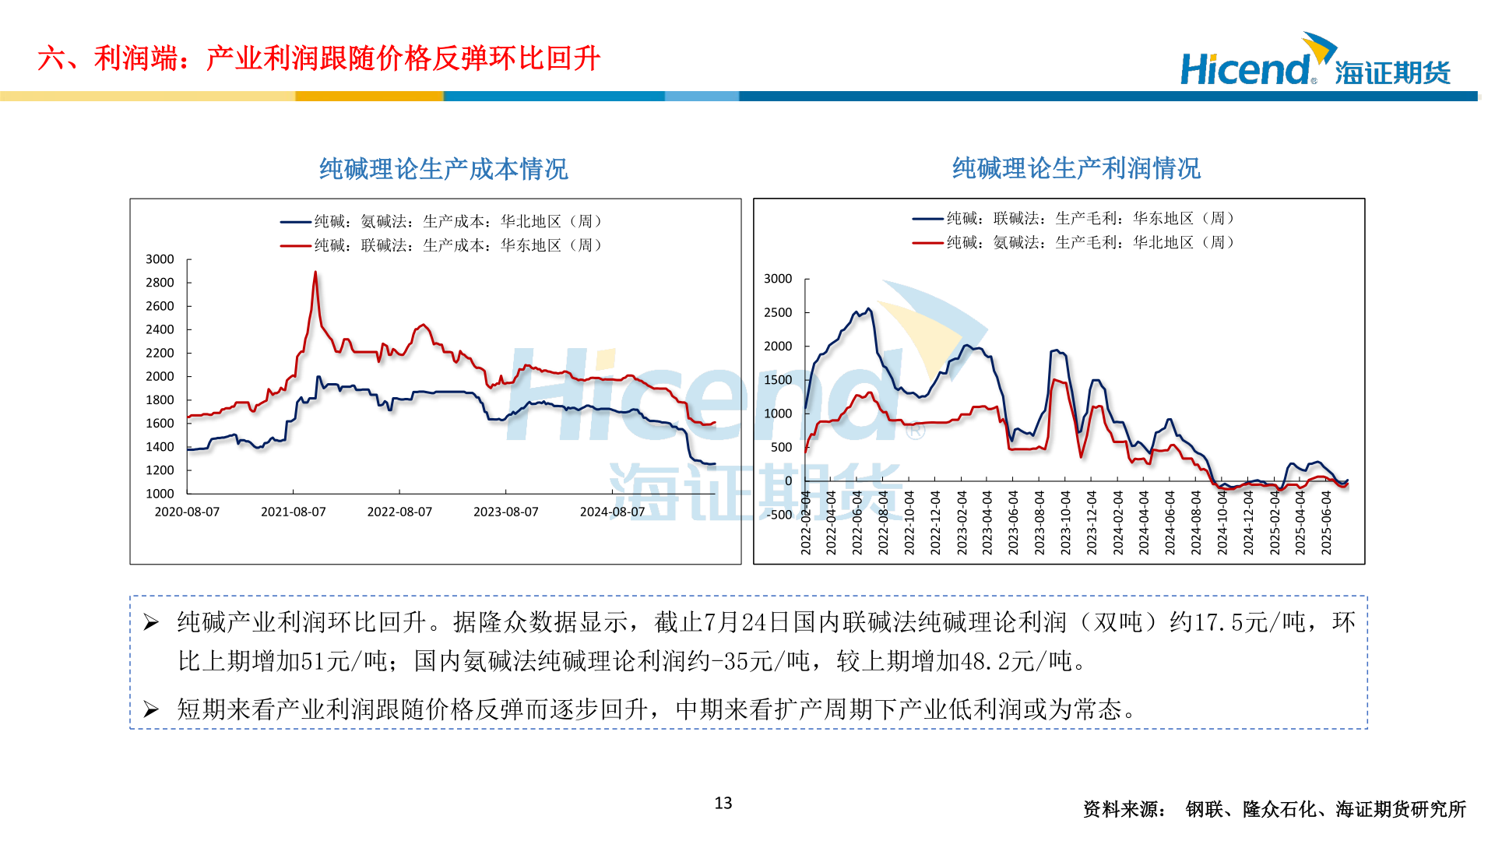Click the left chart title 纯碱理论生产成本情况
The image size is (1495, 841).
coord(443,169)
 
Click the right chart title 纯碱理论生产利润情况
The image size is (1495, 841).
coord(1075,168)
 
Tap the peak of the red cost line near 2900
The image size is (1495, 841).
coord(315,273)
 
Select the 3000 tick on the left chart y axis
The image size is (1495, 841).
coord(160,259)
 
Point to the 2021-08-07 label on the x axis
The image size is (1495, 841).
coord(293,512)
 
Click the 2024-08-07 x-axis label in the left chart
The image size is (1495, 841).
coord(612,512)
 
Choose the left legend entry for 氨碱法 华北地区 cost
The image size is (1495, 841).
coord(441,222)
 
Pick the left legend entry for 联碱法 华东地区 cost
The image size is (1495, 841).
coord(441,245)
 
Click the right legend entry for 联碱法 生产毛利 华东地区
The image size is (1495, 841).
coord(1074,219)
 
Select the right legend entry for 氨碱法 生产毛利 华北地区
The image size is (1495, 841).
coord(1074,243)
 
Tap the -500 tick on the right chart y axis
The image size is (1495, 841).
coord(779,515)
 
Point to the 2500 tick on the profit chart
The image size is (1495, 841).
coord(778,312)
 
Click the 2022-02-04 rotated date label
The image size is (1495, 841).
coord(806,523)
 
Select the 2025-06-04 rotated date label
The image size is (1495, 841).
coord(1326,523)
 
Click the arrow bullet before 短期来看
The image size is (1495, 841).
coord(151,709)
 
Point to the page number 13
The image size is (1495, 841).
coord(723,803)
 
